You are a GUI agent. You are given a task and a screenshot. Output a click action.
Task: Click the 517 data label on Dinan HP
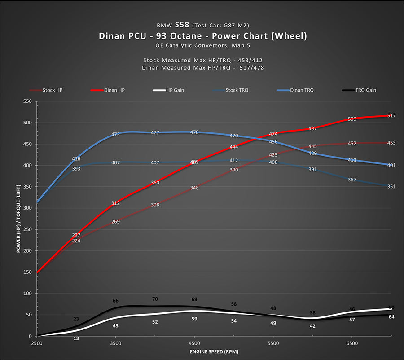click(391, 116)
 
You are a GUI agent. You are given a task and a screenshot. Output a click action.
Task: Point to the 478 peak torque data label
click(194, 132)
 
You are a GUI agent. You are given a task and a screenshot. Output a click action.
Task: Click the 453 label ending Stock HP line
click(391, 143)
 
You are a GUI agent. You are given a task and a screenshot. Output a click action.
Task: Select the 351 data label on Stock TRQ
click(391, 186)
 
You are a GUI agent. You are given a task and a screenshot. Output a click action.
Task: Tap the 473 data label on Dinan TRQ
click(116, 134)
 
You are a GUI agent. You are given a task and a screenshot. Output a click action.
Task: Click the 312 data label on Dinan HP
click(116, 203)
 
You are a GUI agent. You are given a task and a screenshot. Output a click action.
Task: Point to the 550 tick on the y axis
click(28, 101)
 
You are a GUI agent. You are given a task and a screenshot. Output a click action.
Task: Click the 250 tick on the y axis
click(28, 229)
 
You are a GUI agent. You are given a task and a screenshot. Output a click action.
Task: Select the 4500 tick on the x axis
click(194, 343)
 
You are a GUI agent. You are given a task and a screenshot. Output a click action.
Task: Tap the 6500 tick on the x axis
click(352, 343)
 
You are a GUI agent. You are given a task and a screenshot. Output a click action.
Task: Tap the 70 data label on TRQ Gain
click(155, 299)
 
